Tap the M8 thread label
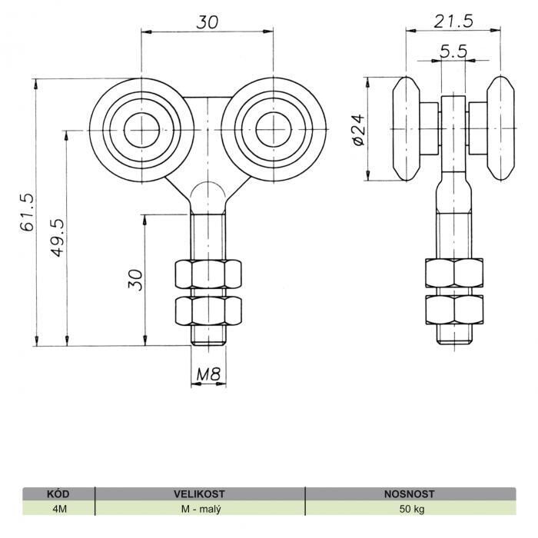(208, 374)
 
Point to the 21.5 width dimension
(453, 22)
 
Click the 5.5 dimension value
(453, 51)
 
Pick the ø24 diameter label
(359, 130)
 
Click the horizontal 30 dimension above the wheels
(207, 22)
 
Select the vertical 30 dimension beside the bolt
(135, 280)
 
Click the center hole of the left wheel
(141, 130)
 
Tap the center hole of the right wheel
(274, 130)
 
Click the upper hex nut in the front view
(208, 274)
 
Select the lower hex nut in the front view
(208, 311)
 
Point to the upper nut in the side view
(454, 273)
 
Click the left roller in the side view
(407, 128)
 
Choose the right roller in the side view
(501, 128)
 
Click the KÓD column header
(58, 494)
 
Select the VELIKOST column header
(199, 494)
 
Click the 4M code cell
(60, 509)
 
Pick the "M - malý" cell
(201, 509)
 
